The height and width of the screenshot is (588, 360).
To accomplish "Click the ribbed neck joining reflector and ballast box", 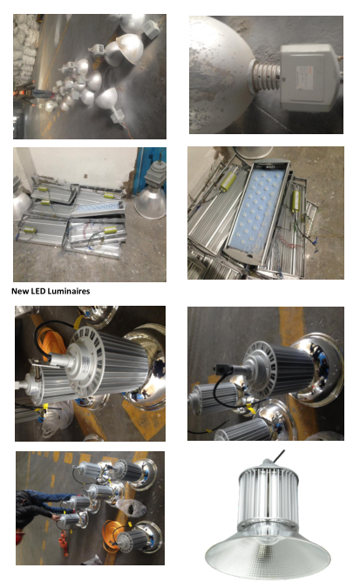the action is point(266,76).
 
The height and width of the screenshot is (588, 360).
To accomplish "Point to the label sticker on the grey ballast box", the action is point(304,78).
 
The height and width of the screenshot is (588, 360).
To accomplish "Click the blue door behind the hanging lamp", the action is point(151,168).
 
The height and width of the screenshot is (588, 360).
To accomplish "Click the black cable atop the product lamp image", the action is point(278,456).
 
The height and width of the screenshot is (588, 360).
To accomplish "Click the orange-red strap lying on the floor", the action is point(64,544).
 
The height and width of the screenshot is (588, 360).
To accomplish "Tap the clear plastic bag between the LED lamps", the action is point(131,508).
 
